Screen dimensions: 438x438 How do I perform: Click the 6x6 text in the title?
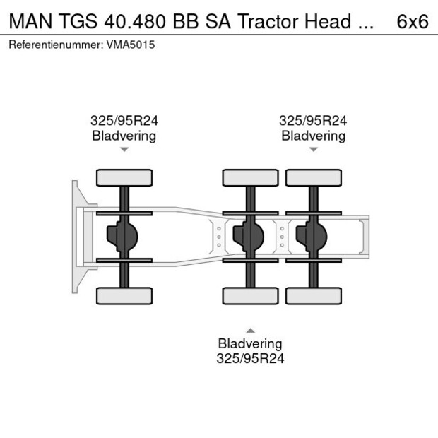[x=413, y=21]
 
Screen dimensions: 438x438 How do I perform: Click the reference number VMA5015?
[x=131, y=45]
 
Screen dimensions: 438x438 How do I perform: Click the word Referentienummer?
[x=57, y=45]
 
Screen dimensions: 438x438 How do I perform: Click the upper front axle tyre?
[x=124, y=177]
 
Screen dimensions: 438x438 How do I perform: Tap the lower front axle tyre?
[x=124, y=296]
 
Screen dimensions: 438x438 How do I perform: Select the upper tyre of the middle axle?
[x=250, y=177]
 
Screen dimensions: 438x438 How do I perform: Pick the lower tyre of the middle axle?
[x=250, y=296]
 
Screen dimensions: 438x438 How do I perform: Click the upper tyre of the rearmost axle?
[x=314, y=177]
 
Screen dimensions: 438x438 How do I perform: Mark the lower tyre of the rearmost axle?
[x=314, y=296]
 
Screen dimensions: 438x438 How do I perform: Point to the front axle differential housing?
[x=122, y=237]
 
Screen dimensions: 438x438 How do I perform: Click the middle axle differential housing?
[x=248, y=237]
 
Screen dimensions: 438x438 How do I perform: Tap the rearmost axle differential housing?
[x=312, y=237]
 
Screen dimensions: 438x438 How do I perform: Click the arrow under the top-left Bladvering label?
[x=124, y=150]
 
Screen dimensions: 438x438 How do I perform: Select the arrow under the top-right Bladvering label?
[x=314, y=150]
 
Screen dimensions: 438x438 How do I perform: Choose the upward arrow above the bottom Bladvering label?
[x=250, y=330]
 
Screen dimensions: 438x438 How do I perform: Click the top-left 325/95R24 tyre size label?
[x=124, y=121]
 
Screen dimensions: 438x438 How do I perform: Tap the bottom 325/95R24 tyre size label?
[x=250, y=358]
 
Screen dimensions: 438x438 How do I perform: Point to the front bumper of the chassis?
[x=76, y=237]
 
